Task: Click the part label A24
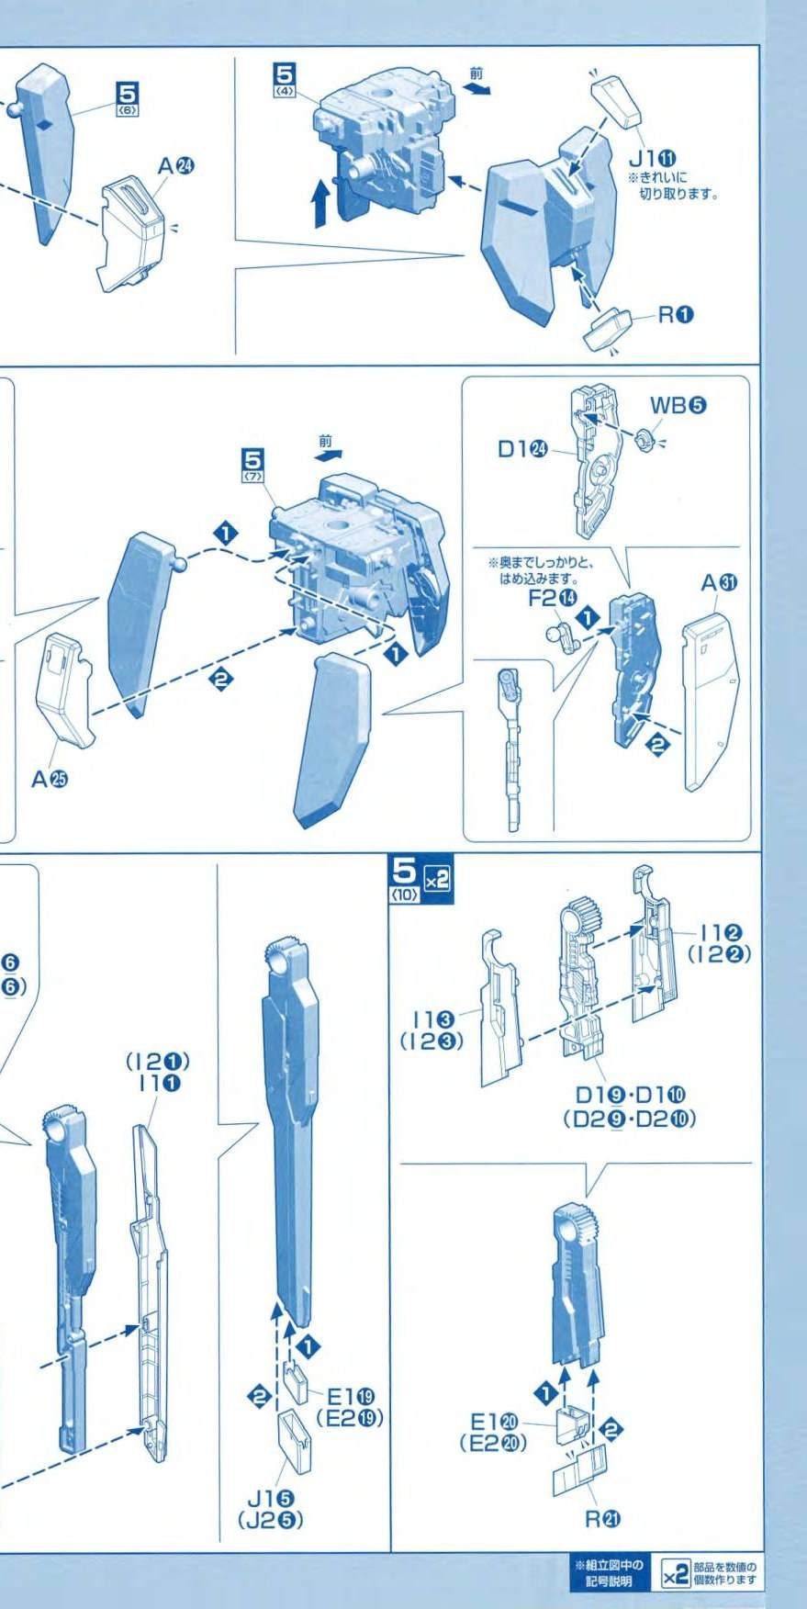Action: tap(175, 166)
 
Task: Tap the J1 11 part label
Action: tap(653, 156)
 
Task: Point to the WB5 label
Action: tap(679, 405)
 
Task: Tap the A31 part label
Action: tap(721, 582)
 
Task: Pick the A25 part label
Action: tap(50, 779)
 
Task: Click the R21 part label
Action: tap(605, 1519)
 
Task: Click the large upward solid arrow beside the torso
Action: tap(320, 202)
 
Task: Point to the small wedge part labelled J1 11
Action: tap(618, 102)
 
